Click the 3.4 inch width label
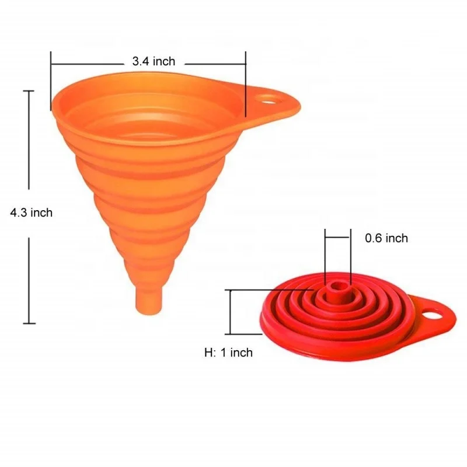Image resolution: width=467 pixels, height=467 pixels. [154, 61]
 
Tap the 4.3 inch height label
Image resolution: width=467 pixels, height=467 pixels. [31, 213]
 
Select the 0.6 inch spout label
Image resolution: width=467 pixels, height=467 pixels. [386, 238]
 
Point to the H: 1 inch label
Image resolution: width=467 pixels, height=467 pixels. [228, 353]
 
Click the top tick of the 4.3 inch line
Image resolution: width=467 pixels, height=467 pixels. [28, 91]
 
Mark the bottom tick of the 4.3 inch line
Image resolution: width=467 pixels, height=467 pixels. [28, 323]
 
